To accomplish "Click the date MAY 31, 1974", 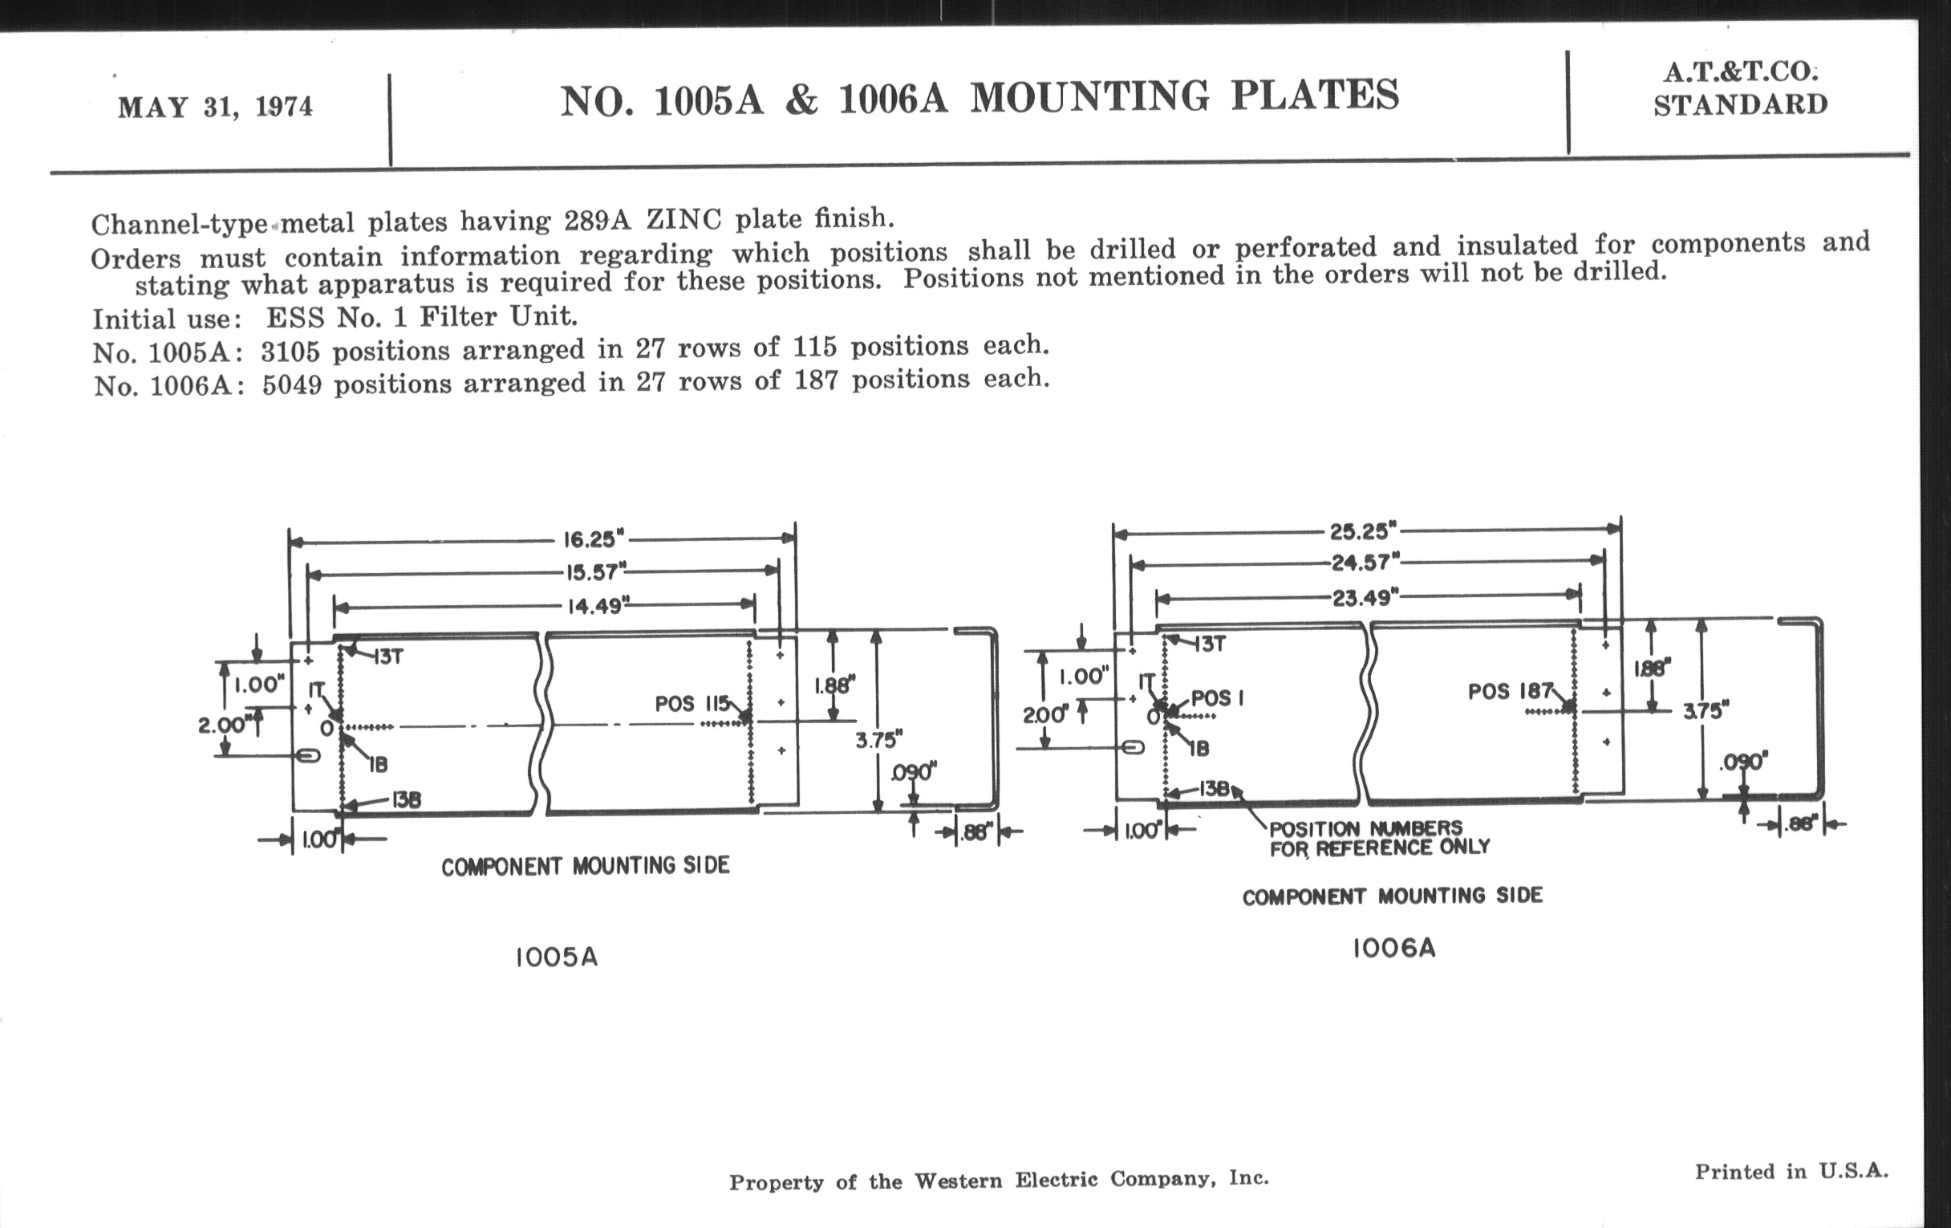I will [215, 107].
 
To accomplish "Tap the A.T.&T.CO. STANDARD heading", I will [1740, 88].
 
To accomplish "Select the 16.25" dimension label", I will [594, 539].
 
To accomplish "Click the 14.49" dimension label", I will [598, 606].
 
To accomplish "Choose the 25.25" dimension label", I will [1364, 531].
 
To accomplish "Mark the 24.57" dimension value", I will [1365, 562].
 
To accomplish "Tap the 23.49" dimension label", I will [1367, 598].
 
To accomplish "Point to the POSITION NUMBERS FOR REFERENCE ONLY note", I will [1379, 838].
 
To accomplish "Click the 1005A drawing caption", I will [557, 958].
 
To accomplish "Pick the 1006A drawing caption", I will [1393, 948].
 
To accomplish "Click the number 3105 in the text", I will [290, 352].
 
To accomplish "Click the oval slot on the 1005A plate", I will [308, 755].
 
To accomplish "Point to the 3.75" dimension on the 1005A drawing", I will [878, 739].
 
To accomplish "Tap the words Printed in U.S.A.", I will [1791, 1171].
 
